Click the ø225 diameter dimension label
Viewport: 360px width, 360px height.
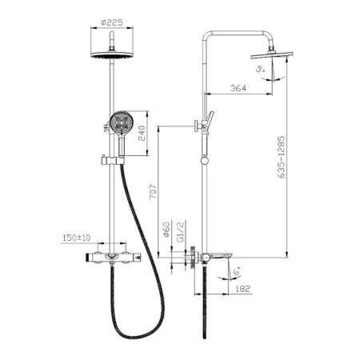[112, 22]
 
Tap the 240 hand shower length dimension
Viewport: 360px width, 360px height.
[142, 133]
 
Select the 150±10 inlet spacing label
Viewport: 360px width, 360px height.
[76, 238]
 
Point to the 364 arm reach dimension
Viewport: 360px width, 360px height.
[238, 88]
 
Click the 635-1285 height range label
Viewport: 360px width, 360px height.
[281, 157]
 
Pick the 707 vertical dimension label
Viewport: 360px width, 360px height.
[153, 192]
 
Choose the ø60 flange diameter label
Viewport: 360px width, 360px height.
[166, 230]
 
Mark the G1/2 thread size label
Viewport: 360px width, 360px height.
[181, 231]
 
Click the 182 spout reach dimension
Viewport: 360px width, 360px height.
[243, 289]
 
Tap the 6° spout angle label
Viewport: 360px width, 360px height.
[237, 272]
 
